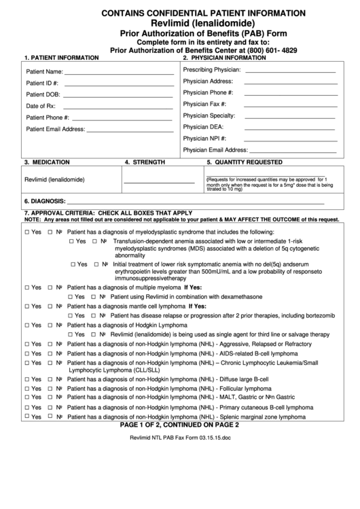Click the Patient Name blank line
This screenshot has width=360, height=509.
[119, 72]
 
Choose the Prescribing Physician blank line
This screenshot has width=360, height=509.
[289, 71]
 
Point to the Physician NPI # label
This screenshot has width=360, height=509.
[204, 138]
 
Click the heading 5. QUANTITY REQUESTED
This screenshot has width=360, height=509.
[245, 162]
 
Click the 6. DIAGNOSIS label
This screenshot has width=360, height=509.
[44, 202]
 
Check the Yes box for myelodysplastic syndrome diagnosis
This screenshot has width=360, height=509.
[26, 231]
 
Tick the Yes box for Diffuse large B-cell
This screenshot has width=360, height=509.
[26, 379]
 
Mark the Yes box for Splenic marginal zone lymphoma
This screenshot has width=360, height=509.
[26, 416]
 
